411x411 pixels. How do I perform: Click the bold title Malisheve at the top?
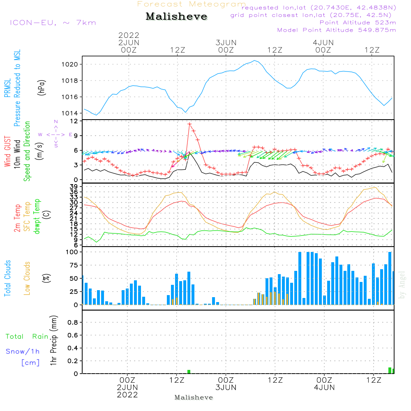[177, 17]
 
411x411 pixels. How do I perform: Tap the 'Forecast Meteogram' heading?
[192, 4]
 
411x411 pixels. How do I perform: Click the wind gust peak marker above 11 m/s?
[189, 124]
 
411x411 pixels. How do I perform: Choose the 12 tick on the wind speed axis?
[74, 121]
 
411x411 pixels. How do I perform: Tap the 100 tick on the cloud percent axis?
[73, 252]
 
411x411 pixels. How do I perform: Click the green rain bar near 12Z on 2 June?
[189, 372]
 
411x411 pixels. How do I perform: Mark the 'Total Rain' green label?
[27, 337]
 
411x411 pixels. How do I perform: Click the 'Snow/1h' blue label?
[23, 351]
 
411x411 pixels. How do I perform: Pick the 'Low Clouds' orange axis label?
[27, 278]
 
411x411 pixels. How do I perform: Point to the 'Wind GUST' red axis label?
[8, 152]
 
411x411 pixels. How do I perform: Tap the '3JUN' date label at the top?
[226, 43]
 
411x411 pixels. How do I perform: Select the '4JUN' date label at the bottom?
[324, 388]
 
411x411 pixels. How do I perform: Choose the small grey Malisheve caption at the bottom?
[194, 397]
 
